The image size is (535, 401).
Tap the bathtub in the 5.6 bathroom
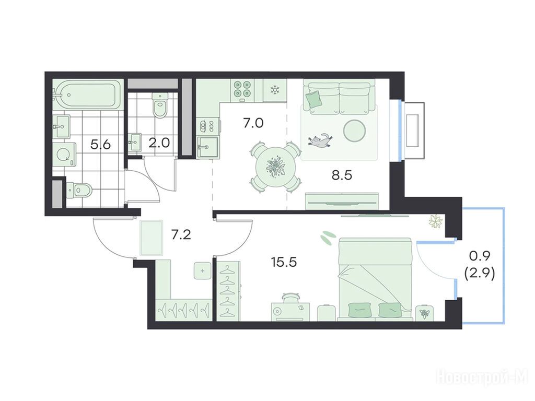point(88,95)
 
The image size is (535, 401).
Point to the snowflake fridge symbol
point(274,90)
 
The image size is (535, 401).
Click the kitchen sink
point(208,147)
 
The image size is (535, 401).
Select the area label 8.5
point(342,175)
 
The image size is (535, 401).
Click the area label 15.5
point(284,262)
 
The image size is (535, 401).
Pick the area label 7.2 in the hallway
point(181,235)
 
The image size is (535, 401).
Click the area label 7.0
point(253,123)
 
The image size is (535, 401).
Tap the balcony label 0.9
point(480,255)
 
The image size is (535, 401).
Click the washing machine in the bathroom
point(64,155)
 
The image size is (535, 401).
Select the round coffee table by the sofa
point(355,130)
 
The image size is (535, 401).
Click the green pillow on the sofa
point(314,99)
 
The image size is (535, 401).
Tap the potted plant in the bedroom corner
point(435,221)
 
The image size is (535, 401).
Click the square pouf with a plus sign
point(203,272)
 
